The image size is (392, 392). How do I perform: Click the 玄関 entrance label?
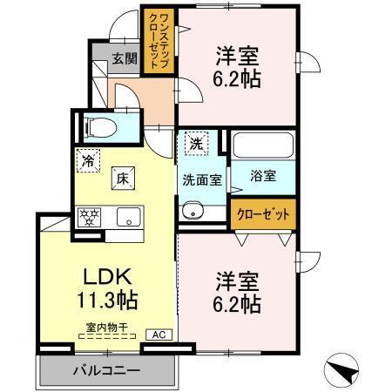[x=124, y=59]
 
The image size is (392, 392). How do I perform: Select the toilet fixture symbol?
[x=98, y=127]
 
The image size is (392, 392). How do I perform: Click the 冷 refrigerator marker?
[x=87, y=159]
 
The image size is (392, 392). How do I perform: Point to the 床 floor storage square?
[x=123, y=179]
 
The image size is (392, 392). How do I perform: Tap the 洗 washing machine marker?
[x=196, y=145]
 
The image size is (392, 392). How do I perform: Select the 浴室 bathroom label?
[x=264, y=176]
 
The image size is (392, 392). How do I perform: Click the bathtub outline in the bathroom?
[x=264, y=143]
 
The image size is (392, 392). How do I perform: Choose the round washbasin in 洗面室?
[x=192, y=211]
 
